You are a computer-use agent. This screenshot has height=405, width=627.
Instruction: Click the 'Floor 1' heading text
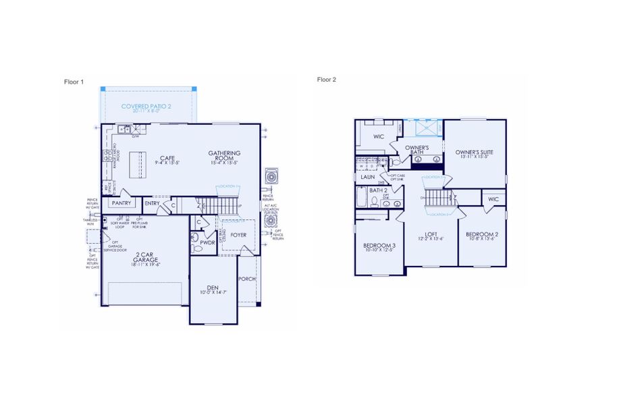[74, 82]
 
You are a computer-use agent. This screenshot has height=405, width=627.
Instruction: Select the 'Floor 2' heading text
[327, 79]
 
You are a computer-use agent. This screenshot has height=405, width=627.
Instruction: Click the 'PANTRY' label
[121, 202]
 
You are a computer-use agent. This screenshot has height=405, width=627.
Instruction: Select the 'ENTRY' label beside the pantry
[152, 202]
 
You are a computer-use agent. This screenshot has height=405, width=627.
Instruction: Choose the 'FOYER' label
[238, 236]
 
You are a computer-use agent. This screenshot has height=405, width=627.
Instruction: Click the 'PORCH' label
[246, 278]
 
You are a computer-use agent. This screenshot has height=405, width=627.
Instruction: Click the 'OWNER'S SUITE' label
[474, 153]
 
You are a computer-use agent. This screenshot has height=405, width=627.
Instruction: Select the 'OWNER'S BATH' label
[418, 149]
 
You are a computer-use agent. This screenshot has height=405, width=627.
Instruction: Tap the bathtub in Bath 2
[361, 198]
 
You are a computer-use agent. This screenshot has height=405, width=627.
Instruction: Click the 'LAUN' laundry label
[368, 177]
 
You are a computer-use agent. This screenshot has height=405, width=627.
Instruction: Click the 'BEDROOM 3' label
[379, 246]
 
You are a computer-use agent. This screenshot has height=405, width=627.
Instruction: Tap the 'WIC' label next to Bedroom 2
[493, 199]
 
